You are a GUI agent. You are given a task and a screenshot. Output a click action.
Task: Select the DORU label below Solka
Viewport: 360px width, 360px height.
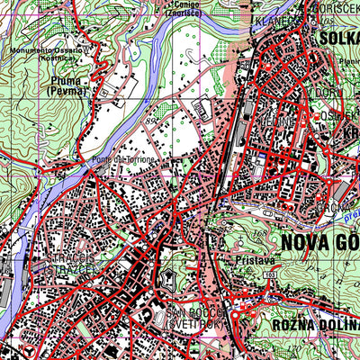click(321, 92)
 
